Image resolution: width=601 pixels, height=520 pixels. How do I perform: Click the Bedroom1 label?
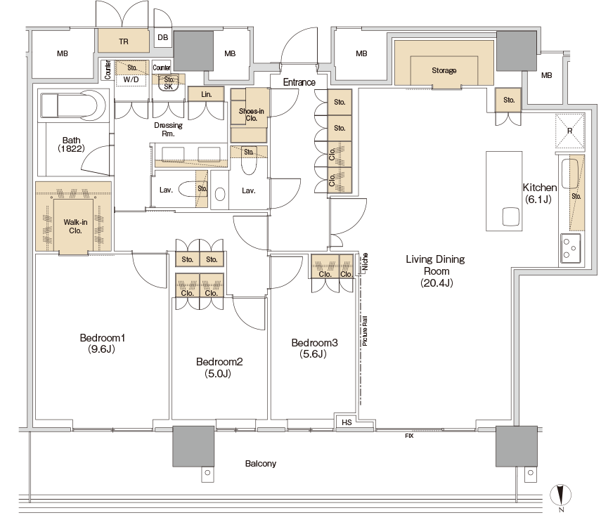coord(103,344)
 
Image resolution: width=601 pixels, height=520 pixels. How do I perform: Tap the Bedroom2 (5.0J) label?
coord(219,368)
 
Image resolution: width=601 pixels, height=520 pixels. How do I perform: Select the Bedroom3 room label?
coord(314,348)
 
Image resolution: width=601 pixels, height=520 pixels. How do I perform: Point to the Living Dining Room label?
coord(435,271)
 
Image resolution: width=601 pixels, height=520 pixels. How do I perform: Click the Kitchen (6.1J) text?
coord(539,193)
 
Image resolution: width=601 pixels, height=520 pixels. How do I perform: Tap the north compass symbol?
coord(561,497)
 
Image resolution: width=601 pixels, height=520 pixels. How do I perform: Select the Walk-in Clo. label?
coord(75,226)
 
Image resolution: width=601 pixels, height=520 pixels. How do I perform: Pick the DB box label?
coord(163,37)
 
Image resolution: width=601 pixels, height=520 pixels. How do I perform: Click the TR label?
coord(124,41)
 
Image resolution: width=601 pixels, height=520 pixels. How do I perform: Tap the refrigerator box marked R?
coord(570,131)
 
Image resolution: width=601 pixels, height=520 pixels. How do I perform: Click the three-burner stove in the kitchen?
coord(570,248)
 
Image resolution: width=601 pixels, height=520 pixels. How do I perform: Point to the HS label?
coord(347,422)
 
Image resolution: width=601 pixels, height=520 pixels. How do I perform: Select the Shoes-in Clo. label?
coord(251,115)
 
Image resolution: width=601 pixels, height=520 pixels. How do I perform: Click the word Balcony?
coord(261,464)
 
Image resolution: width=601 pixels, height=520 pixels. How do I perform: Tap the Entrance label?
coord(299,82)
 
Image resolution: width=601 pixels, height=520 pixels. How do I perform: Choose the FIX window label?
coord(409,436)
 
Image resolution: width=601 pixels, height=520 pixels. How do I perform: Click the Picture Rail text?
coord(365,331)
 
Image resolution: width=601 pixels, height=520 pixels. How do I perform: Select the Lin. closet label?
coord(206,94)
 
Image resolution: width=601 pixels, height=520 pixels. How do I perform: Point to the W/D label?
coord(131,79)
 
